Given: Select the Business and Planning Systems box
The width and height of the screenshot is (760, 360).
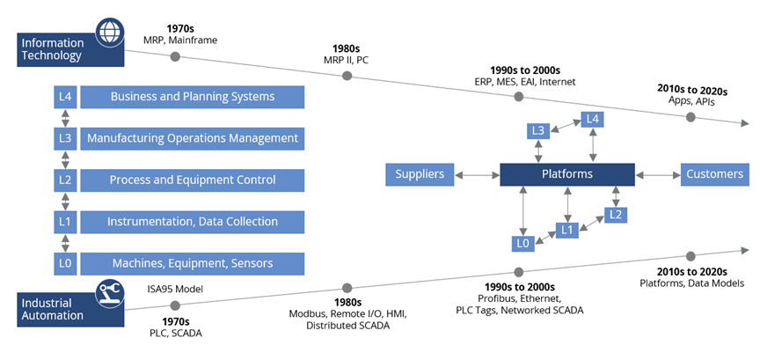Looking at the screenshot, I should coord(192,97).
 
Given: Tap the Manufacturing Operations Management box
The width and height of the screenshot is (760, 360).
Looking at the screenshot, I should coord(192,138).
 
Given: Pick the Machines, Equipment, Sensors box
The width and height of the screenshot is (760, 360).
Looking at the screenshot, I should coord(192,263).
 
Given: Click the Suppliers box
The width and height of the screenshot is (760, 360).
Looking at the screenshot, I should coord(420,174).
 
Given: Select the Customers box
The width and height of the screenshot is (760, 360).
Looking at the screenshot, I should coord(713,174).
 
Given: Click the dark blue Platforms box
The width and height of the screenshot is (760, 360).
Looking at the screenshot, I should coord(566,174).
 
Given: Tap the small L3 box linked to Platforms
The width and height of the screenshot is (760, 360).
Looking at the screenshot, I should coord(539,131).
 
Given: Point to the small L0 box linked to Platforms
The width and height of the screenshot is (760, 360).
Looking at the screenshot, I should coord(523,243).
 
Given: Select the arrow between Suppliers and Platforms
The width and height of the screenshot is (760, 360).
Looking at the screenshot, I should coord(478,174).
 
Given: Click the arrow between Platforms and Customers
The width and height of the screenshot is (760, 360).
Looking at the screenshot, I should coord(657,174).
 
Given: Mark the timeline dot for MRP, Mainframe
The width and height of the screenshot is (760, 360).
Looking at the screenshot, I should coord(175,56).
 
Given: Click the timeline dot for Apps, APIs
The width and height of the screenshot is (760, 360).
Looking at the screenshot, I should coord(690,116).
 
